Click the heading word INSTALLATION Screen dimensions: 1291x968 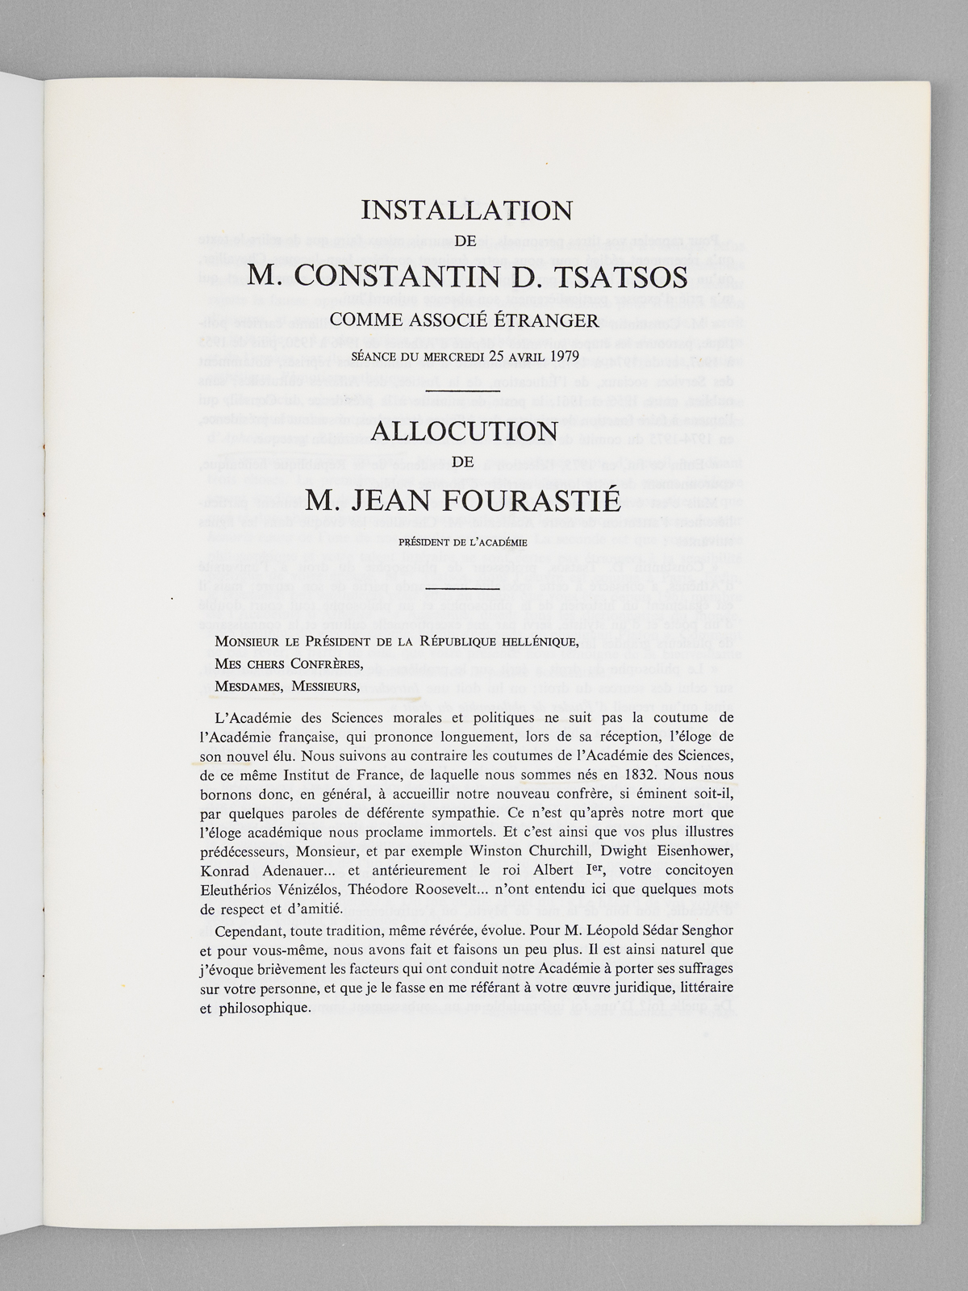(x=466, y=211)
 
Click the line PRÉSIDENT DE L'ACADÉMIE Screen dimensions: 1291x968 (x=463, y=542)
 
